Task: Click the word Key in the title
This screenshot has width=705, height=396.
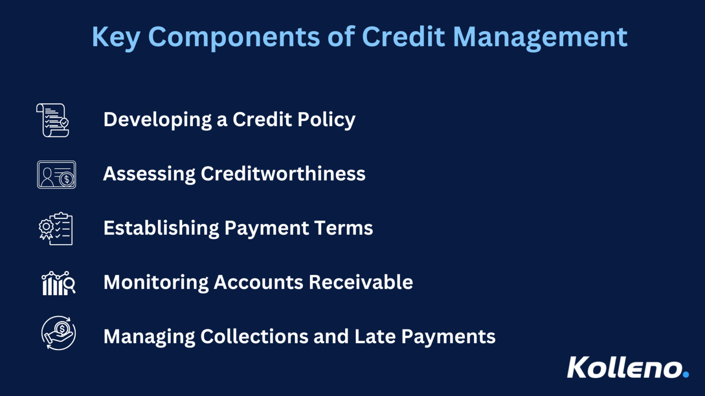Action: tap(116, 37)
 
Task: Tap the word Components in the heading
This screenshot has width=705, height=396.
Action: tap(234, 37)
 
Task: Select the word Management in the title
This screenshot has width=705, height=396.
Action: tap(540, 37)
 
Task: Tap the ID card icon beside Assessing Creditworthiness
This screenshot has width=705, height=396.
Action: tap(56, 175)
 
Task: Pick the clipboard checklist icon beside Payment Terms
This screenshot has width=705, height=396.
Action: tap(56, 229)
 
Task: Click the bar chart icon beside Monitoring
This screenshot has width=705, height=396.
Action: tap(58, 283)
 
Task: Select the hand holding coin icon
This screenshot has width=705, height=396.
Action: tap(58, 333)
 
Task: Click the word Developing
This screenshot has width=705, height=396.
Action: tap(157, 120)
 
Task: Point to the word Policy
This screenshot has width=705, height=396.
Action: tap(326, 120)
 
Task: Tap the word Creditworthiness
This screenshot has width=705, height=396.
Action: tap(283, 174)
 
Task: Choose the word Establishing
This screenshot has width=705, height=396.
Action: tap(161, 228)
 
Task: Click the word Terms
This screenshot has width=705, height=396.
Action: tap(344, 228)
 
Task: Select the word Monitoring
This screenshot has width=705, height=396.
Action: tap(156, 283)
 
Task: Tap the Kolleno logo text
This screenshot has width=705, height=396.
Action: tap(624, 368)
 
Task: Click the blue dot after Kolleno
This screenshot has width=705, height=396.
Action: tap(686, 374)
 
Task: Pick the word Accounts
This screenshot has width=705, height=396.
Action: tap(258, 282)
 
